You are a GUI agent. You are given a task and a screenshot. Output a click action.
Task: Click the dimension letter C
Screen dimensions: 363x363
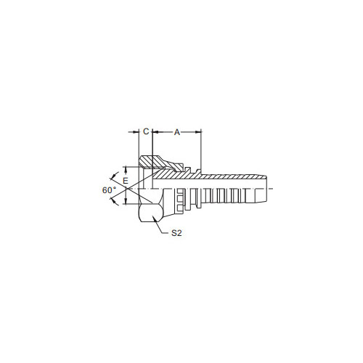click(x=146, y=131)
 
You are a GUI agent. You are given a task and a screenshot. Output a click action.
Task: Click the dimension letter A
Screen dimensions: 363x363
click(x=177, y=132)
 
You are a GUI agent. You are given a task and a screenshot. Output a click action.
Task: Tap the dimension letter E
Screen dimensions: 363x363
click(x=126, y=181)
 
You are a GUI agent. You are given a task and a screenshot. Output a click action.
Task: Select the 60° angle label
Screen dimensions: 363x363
click(x=109, y=190)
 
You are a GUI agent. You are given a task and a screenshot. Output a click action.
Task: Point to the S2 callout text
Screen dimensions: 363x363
click(x=176, y=233)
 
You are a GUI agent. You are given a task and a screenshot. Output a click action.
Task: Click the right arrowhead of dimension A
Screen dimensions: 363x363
click(x=198, y=132)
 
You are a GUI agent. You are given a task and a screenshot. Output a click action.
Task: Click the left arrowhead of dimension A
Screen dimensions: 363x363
click(x=155, y=132)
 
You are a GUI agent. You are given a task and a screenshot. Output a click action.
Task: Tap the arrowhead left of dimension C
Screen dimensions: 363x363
click(x=136, y=132)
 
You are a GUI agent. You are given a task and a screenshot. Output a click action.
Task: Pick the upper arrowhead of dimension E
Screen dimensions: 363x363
click(x=126, y=169)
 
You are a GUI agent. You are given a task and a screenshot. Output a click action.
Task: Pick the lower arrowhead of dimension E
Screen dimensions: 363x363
click(x=126, y=201)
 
